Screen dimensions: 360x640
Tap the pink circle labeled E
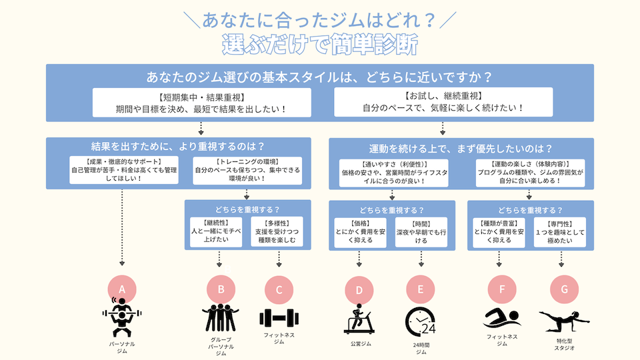click(420, 289)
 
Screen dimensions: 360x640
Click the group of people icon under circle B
click(220, 319)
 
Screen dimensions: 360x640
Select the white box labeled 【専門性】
click(559, 231)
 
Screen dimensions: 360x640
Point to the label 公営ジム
click(359, 343)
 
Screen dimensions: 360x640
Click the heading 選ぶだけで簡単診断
click(320, 45)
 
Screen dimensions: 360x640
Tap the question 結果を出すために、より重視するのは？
click(178, 146)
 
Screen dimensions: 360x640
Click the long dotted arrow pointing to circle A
click(122, 227)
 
